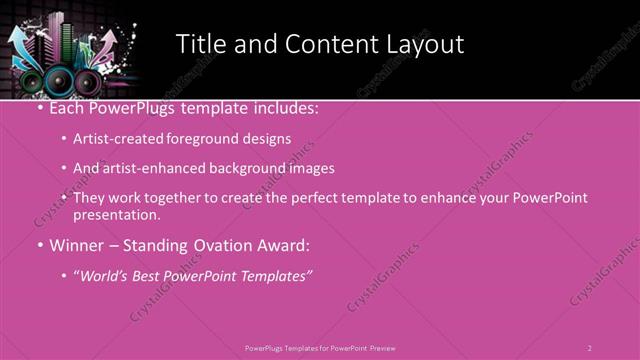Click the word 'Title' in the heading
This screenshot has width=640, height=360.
tap(200, 45)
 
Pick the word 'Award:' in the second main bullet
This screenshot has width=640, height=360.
tap(281, 245)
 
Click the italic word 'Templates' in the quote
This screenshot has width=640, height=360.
tap(275, 275)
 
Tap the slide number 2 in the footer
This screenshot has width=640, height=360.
tap(589, 348)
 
